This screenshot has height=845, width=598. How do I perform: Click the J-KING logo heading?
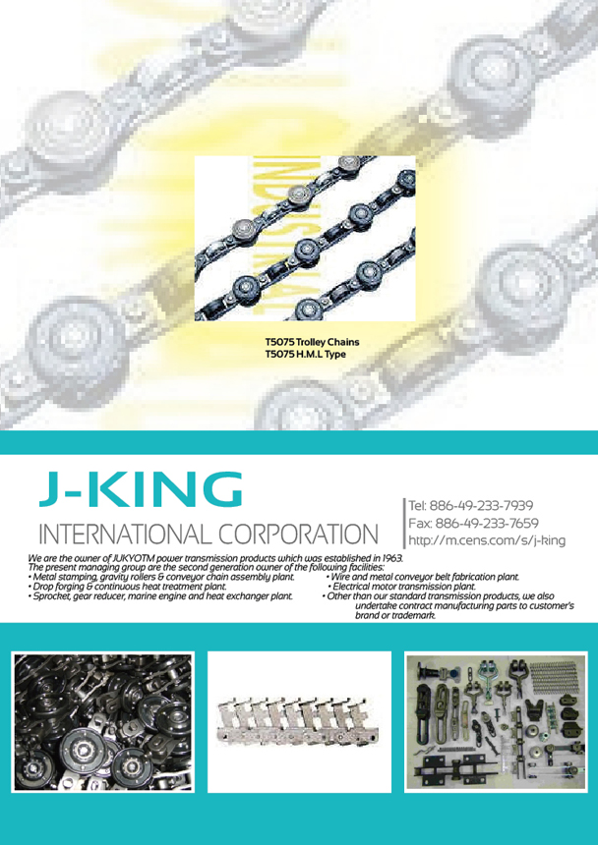coord(141,488)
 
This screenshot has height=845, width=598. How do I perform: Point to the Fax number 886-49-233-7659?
coord(487,523)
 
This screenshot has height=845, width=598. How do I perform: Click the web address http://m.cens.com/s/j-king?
coord(487,540)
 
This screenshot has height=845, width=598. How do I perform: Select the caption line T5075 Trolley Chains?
coord(312,342)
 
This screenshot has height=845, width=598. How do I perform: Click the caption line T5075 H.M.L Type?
coord(305,354)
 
